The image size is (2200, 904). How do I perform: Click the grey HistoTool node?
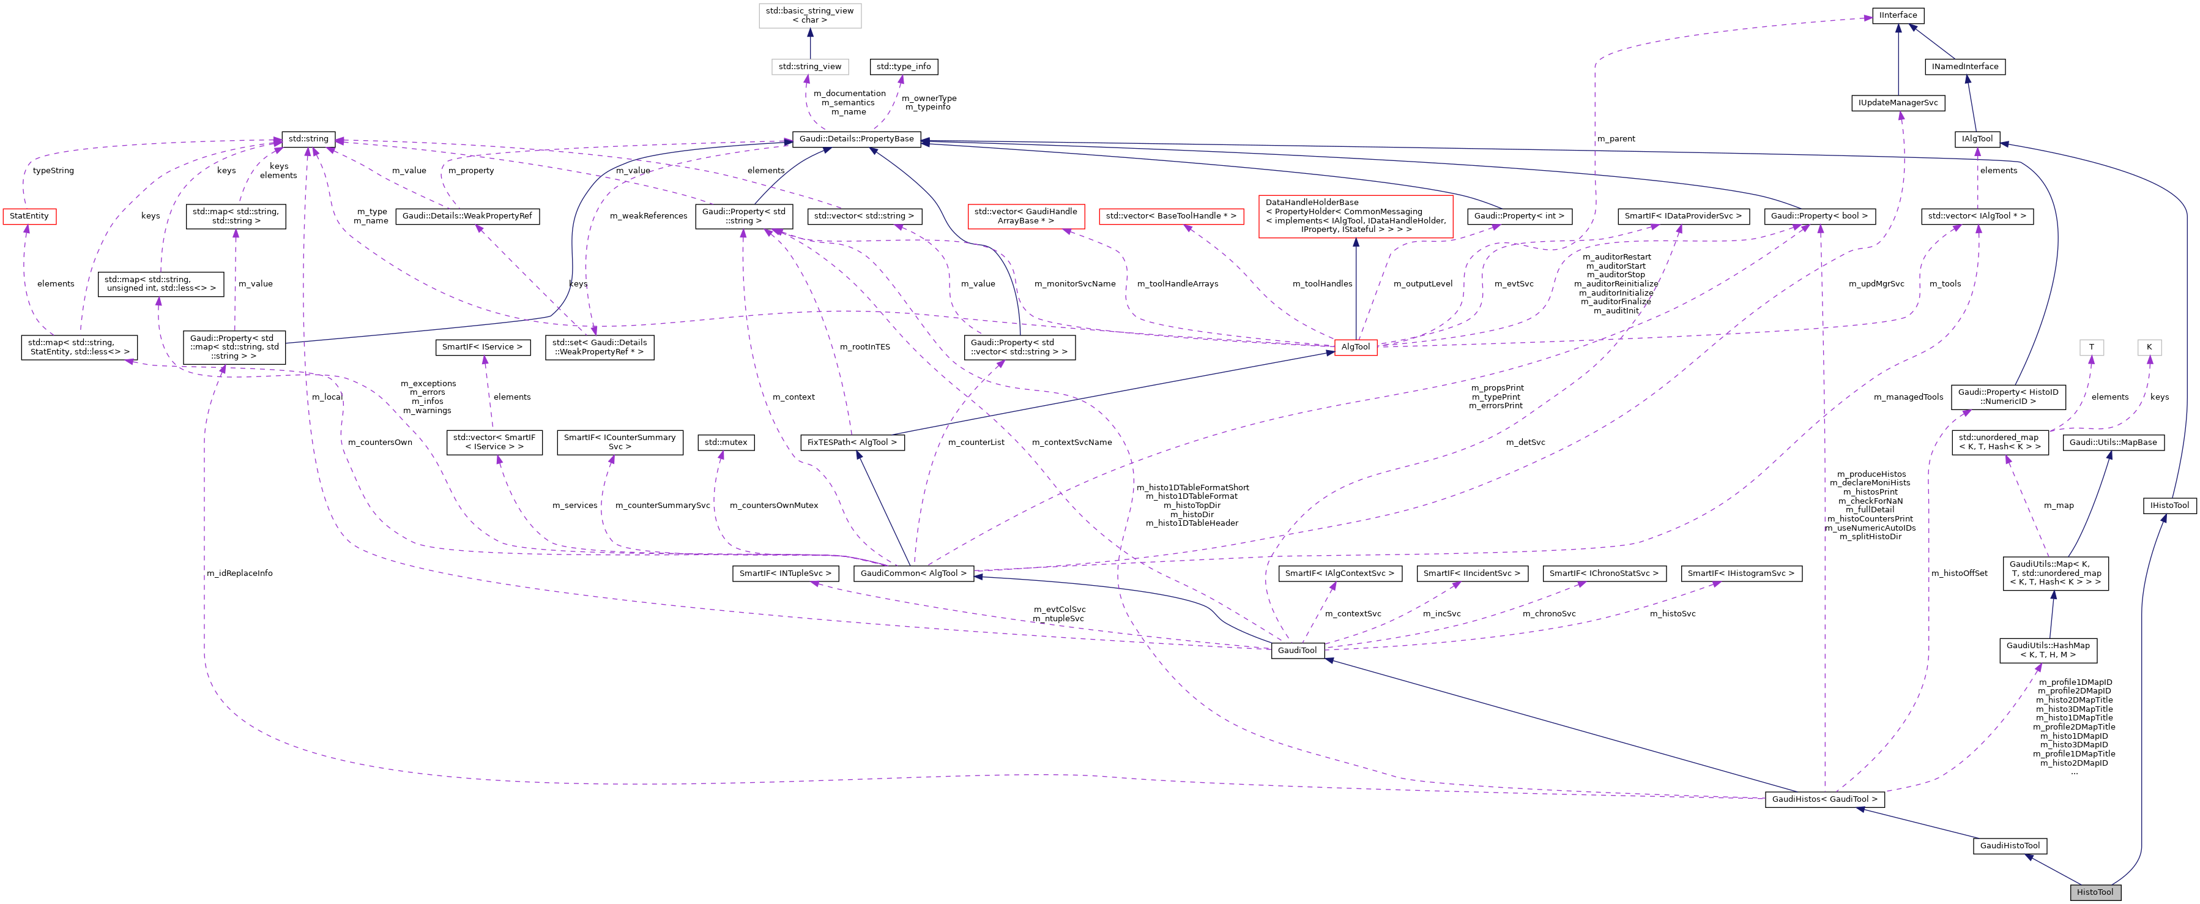point(2094,892)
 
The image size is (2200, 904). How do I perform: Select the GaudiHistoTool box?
point(2010,846)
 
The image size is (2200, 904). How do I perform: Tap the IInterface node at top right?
point(1898,15)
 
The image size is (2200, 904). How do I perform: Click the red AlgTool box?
point(1355,347)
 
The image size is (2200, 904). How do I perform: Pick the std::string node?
point(308,138)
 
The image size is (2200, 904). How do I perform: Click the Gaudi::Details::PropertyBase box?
point(856,138)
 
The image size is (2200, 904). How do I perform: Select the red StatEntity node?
point(29,216)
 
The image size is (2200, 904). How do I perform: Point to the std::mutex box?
point(725,443)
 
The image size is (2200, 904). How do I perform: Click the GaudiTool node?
point(1297,650)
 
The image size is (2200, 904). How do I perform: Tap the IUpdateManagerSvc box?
point(1898,103)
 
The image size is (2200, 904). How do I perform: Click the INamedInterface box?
point(1964,67)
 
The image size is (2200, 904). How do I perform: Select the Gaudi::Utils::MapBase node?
point(2113,443)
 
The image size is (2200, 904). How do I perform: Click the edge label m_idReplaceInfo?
point(239,573)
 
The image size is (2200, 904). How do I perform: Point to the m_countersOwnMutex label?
point(773,506)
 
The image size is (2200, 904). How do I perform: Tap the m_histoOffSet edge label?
point(1959,573)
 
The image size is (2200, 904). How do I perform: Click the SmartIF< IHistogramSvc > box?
point(1741,573)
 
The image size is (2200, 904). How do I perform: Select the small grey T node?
point(2090,347)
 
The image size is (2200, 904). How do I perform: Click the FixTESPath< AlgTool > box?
point(852,443)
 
